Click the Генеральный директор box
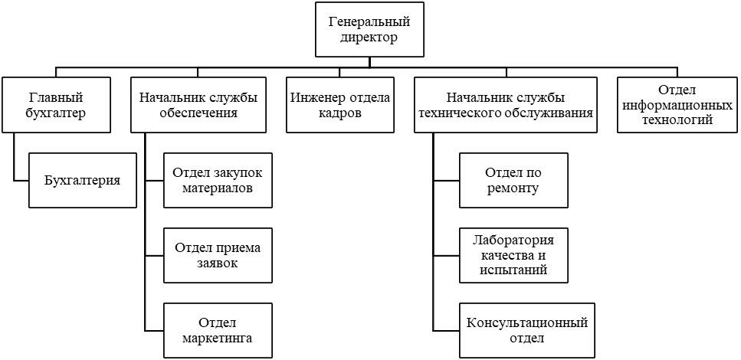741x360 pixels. pyautogui.click(x=369, y=29)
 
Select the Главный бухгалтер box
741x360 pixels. pyautogui.click(x=56, y=105)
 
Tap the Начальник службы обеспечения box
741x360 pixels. pyautogui.click(x=198, y=105)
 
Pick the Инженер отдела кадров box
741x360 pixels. pyautogui.click(x=340, y=105)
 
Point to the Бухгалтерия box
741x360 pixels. pyautogui.click(x=83, y=181)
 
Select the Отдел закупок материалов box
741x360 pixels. pyautogui.click(x=218, y=181)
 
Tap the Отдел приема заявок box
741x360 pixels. pyautogui.click(x=218, y=256)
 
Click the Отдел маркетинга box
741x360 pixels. pyautogui.click(x=218, y=330)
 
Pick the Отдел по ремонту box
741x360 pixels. pyautogui.click(x=513, y=181)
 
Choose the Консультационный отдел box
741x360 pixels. pyautogui.click(x=526, y=330)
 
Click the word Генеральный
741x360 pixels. pyautogui.click(x=369, y=21)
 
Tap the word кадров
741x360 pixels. pyautogui.click(x=340, y=113)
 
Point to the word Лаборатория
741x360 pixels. pyautogui.click(x=513, y=242)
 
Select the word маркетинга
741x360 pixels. pyautogui.click(x=218, y=338)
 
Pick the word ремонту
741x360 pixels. pyautogui.click(x=513, y=188)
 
